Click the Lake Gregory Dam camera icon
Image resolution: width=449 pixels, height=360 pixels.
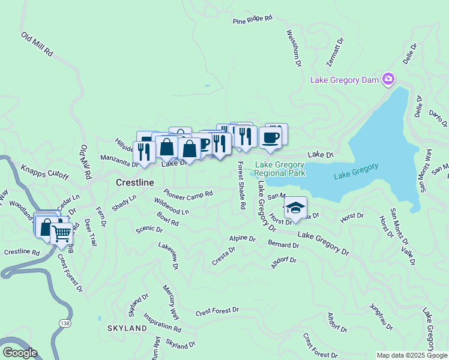[x=388, y=79]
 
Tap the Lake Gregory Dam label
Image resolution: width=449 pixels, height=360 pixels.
[x=345, y=80]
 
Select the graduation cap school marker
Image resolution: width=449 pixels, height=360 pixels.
[x=295, y=208]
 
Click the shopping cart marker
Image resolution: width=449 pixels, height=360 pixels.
[x=61, y=233]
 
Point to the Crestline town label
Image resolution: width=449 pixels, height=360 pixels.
[x=134, y=182]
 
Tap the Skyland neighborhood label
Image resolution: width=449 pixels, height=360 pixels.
[x=127, y=329]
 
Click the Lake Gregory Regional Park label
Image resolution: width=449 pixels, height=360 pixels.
[x=280, y=169]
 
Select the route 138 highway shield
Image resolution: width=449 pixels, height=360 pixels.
[x=64, y=323]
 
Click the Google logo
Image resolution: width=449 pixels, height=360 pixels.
[x=20, y=353]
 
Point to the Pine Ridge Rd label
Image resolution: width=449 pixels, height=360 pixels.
[x=253, y=20]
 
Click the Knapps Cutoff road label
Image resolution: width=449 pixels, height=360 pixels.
[x=45, y=172]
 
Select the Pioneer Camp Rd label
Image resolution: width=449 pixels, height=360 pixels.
[x=188, y=194]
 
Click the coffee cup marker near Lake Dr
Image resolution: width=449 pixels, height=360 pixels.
[x=270, y=137]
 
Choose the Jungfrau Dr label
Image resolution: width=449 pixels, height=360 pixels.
[x=381, y=316]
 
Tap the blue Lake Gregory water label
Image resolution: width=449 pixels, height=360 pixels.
[x=356, y=171]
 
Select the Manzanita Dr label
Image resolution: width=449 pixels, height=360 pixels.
[x=118, y=159]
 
